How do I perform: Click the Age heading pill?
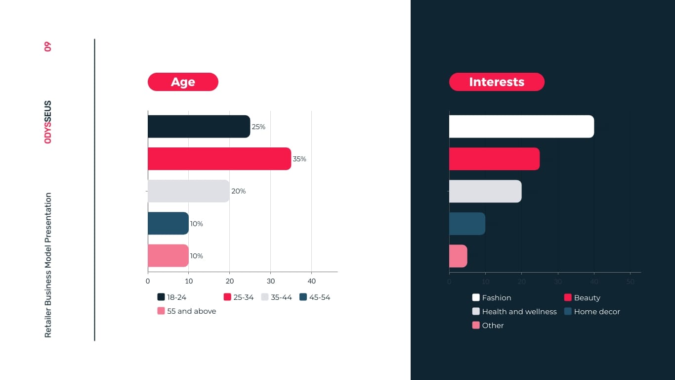183,82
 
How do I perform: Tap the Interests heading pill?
497,82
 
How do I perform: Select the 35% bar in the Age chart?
219,159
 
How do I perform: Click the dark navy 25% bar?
199,127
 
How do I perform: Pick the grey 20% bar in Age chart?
188,191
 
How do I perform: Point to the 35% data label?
299,159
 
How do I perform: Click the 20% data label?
239,191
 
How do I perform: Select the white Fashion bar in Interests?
521,127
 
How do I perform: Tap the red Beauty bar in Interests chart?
494,159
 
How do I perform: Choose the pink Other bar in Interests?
458,256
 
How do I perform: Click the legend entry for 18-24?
172,297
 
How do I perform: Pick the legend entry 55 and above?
187,311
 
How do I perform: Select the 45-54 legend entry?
315,297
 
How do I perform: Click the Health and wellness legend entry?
514,312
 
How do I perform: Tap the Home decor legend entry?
592,312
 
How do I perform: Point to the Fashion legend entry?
492,298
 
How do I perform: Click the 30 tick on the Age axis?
270,282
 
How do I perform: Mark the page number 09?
48,47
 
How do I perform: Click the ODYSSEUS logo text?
48,122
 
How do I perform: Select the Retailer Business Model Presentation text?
48,265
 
